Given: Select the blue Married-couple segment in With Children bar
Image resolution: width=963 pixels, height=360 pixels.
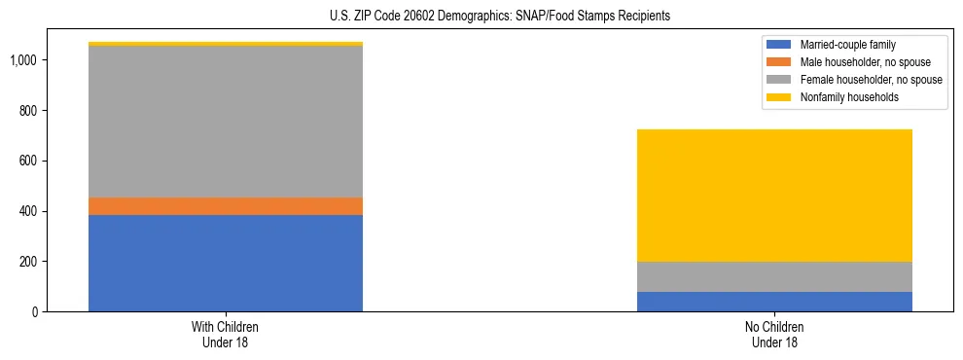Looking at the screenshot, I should pos(226,263).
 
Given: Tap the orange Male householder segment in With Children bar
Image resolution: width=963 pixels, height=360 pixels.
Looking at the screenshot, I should pos(226,206).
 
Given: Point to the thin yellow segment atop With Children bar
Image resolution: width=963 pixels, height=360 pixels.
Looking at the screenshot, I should pos(226,44).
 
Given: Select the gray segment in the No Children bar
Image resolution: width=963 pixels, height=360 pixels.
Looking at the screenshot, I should pos(774,276).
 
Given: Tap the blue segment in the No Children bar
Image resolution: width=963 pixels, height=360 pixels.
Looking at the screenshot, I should pos(774,302).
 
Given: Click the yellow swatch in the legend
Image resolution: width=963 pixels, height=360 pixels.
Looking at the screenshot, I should pos(779,97).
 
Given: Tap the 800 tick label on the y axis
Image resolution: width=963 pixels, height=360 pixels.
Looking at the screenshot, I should pos(28,111).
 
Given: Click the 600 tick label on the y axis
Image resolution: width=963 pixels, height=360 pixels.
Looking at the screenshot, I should pos(28,162).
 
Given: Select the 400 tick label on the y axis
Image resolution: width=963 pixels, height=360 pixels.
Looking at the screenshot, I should pos(28,211).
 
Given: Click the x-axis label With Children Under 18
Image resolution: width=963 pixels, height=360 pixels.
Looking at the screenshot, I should pos(226,334).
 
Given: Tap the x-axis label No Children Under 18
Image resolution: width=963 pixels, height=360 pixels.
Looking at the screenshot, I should pos(774,334).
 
